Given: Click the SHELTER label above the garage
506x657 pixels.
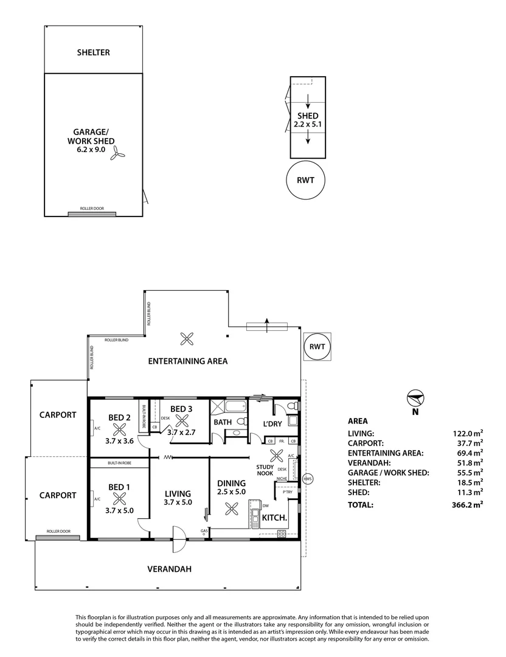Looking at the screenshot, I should click(93, 52).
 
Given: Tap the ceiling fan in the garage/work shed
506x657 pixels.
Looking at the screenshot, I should click(117, 155).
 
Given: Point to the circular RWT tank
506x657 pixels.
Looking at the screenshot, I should click(305, 181).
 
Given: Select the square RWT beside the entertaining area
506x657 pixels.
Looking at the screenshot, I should click(317, 347).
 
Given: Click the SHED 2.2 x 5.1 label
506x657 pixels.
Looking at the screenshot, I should click(307, 120).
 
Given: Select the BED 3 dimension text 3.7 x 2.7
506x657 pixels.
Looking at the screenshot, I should click(181, 432).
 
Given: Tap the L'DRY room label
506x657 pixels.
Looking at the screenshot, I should click(273, 423).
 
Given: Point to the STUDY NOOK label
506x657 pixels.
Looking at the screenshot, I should click(264, 470).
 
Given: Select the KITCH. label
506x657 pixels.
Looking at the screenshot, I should click(274, 518).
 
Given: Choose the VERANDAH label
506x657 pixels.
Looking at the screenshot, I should click(170, 569).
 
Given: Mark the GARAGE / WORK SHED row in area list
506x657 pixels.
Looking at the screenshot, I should click(415, 472).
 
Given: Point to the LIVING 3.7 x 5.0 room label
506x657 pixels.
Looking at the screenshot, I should click(178, 498).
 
